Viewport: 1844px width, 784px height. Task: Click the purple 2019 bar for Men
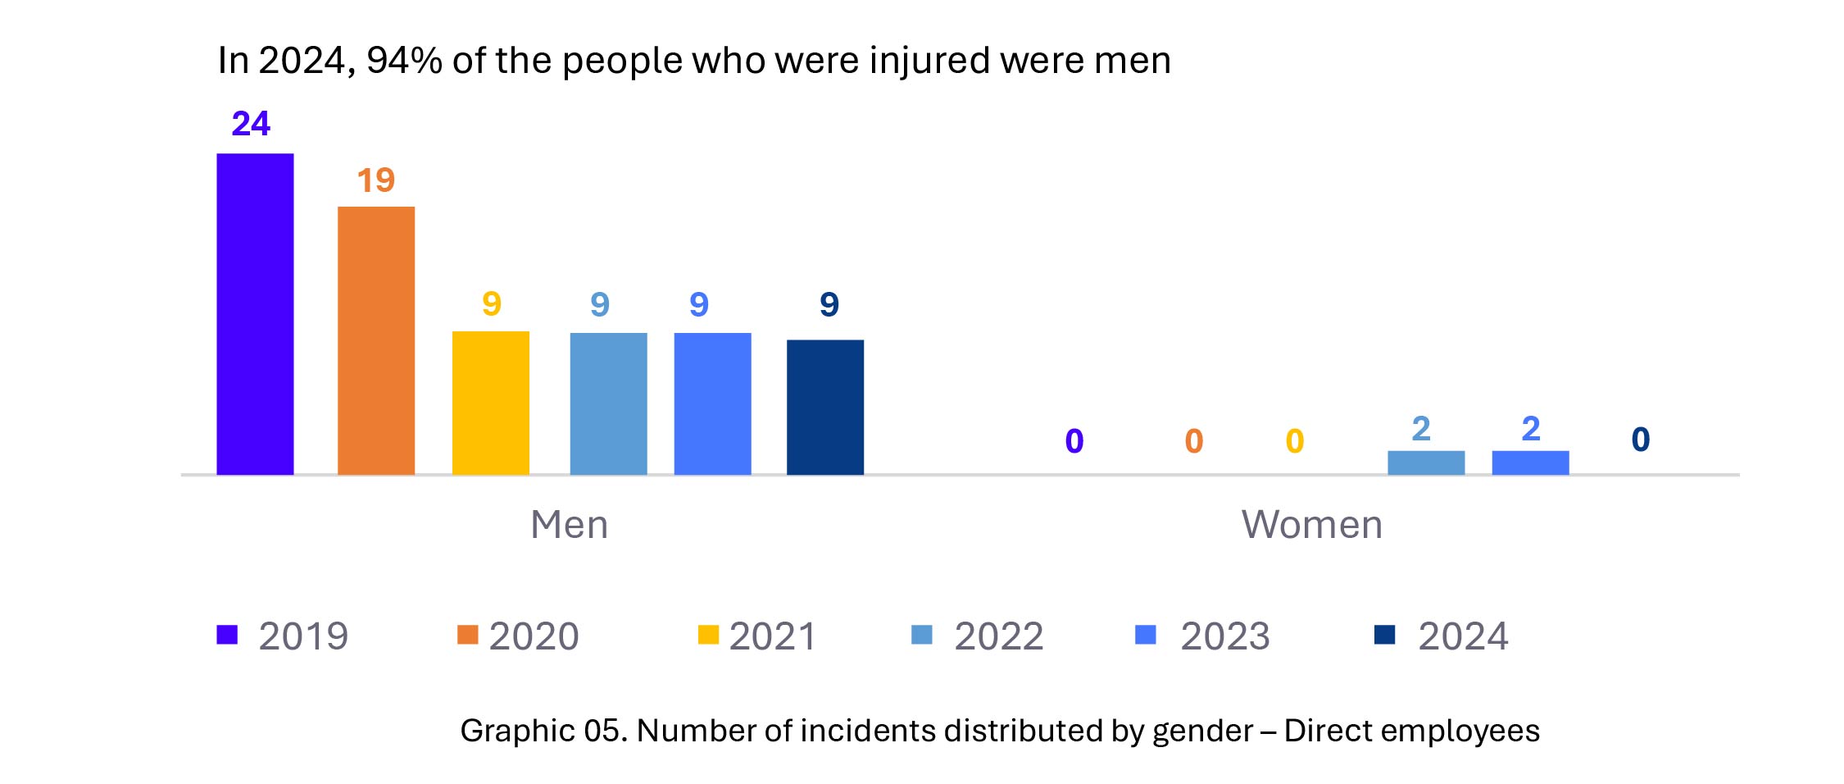(255, 314)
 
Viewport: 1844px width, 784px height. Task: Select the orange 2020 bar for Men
(376, 340)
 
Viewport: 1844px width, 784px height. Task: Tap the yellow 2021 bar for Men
(491, 403)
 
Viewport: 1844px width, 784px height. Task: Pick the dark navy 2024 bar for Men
(825, 407)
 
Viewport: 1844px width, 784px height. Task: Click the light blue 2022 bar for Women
(1426, 463)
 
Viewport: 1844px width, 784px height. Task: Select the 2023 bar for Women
(1530, 463)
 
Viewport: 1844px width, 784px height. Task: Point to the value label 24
(251, 124)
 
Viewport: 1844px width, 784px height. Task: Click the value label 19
(376, 180)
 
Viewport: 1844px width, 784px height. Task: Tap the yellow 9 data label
(492, 304)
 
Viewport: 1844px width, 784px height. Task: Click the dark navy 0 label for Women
(1641, 440)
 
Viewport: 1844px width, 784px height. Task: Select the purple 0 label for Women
(1074, 441)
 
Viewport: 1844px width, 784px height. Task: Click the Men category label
(570, 525)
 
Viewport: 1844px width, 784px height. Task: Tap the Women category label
(1312, 525)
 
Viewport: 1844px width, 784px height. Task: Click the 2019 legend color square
(227, 635)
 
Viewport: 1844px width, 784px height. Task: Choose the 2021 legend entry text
(773, 636)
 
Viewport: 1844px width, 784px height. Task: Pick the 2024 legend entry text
(1463, 636)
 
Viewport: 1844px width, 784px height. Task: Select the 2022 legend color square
(922, 635)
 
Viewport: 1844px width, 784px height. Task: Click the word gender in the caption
(1203, 731)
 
